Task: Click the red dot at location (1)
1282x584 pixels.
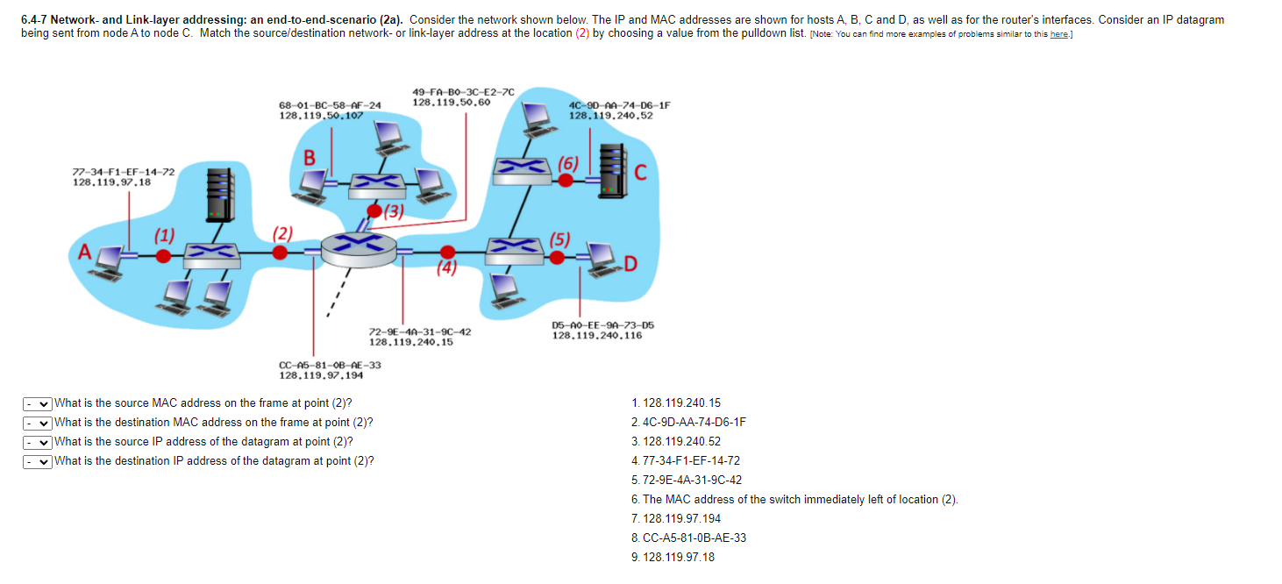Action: (162, 255)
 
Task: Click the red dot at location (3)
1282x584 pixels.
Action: (374, 211)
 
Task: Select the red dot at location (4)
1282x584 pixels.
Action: (447, 253)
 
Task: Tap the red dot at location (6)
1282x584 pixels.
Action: (566, 180)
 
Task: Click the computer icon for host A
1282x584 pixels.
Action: (110, 260)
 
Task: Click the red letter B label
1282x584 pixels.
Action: (309, 159)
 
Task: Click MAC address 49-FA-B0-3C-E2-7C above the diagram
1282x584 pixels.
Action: (463, 91)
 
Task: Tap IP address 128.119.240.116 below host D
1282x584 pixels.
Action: (596, 335)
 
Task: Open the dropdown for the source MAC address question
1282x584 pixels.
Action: (38, 403)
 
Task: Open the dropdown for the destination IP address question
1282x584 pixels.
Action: (38, 461)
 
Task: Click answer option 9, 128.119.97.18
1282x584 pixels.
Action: (673, 557)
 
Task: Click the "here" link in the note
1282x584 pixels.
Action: (1058, 33)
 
